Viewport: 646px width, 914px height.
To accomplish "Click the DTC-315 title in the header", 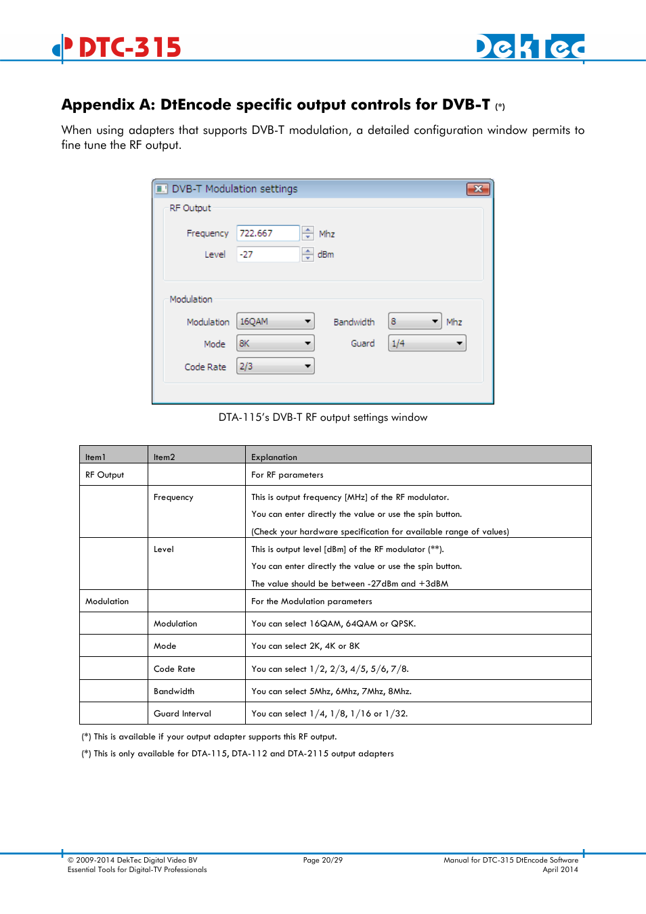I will [x=129, y=47].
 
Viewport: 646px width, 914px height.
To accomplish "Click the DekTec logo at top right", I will [x=530, y=47].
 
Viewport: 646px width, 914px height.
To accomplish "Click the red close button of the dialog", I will [x=478, y=189].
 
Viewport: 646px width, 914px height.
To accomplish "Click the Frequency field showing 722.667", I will [x=267, y=233].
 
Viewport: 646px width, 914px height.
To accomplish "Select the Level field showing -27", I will [x=267, y=254].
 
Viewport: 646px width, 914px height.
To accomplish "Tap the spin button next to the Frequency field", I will [x=308, y=233].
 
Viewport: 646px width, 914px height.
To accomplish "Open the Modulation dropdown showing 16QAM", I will [x=276, y=322].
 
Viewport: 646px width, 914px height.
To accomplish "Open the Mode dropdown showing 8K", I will [x=276, y=344].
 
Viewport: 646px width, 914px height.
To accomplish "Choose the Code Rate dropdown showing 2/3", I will [x=276, y=366].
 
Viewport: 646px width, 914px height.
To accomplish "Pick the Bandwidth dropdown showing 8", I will [x=414, y=321].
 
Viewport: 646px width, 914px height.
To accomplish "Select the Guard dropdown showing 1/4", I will [x=427, y=344].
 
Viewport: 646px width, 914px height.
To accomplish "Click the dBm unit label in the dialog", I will [x=326, y=255].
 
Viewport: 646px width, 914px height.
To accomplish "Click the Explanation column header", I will [x=274, y=457].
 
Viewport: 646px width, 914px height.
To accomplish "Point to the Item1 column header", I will [x=95, y=457].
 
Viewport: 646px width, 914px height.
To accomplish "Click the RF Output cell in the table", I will [x=105, y=475].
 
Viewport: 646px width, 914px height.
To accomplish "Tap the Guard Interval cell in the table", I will [x=182, y=714].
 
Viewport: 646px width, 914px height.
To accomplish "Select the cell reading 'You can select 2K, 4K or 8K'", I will [x=305, y=646].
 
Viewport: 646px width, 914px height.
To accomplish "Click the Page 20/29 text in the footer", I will [x=323, y=861].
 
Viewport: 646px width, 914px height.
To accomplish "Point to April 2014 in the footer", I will [x=560, y=870].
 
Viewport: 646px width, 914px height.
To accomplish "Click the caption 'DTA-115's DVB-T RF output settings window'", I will [x=323, y=417].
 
